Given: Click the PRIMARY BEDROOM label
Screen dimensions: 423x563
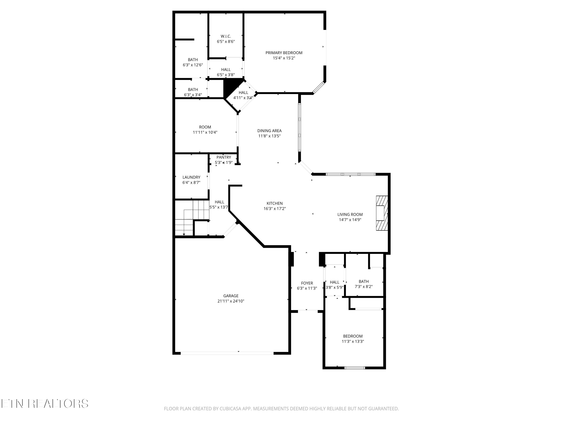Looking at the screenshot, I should point(284,53).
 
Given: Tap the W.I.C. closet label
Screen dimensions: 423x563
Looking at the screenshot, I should point(226,36).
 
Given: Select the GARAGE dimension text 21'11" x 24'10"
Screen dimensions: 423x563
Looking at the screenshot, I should point(231,301).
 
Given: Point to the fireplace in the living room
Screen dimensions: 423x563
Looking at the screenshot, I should point(382,213).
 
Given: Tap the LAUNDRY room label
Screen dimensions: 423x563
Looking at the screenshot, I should point(191,177).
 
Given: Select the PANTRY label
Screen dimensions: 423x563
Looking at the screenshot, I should point(224,157).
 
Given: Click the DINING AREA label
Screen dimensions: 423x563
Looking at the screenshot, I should point(269,131).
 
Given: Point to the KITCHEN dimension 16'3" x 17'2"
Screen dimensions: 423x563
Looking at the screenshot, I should point(275,208).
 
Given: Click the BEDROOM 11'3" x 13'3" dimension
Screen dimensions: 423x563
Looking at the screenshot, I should point(353,341).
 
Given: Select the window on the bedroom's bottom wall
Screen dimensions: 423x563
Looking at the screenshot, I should point(355,368).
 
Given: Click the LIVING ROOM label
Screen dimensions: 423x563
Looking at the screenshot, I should point(350,215).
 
